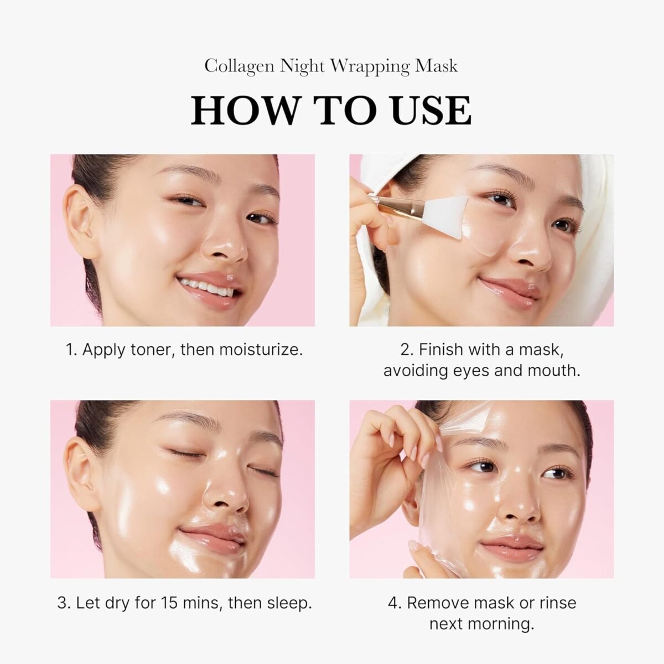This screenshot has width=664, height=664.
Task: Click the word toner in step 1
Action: click(150, 350)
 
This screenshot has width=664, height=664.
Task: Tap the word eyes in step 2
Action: click(468, 370)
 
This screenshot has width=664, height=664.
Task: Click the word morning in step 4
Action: click(502, 624)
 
